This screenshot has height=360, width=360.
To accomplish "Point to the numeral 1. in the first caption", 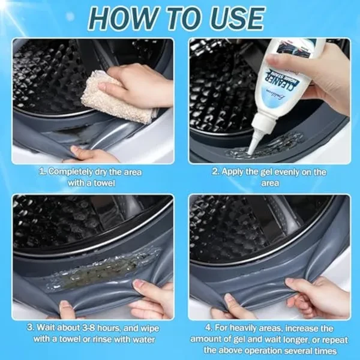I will point(42,172).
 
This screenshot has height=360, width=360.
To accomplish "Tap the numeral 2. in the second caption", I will point(215,172).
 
